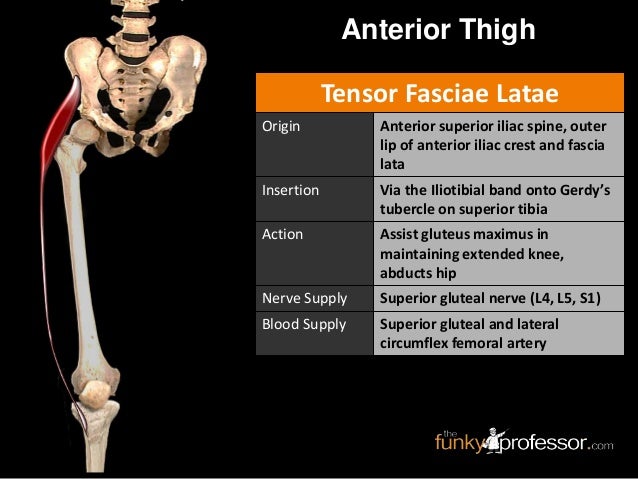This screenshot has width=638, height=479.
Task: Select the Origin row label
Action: [x=281, y=127]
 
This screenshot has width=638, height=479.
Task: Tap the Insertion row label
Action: [x=290, y=188]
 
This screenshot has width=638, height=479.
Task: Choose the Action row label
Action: [x=282, y=235]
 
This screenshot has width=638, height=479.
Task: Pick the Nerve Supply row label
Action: [x=303, y=298]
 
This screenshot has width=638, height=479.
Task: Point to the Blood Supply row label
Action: [x=304, y=325]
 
